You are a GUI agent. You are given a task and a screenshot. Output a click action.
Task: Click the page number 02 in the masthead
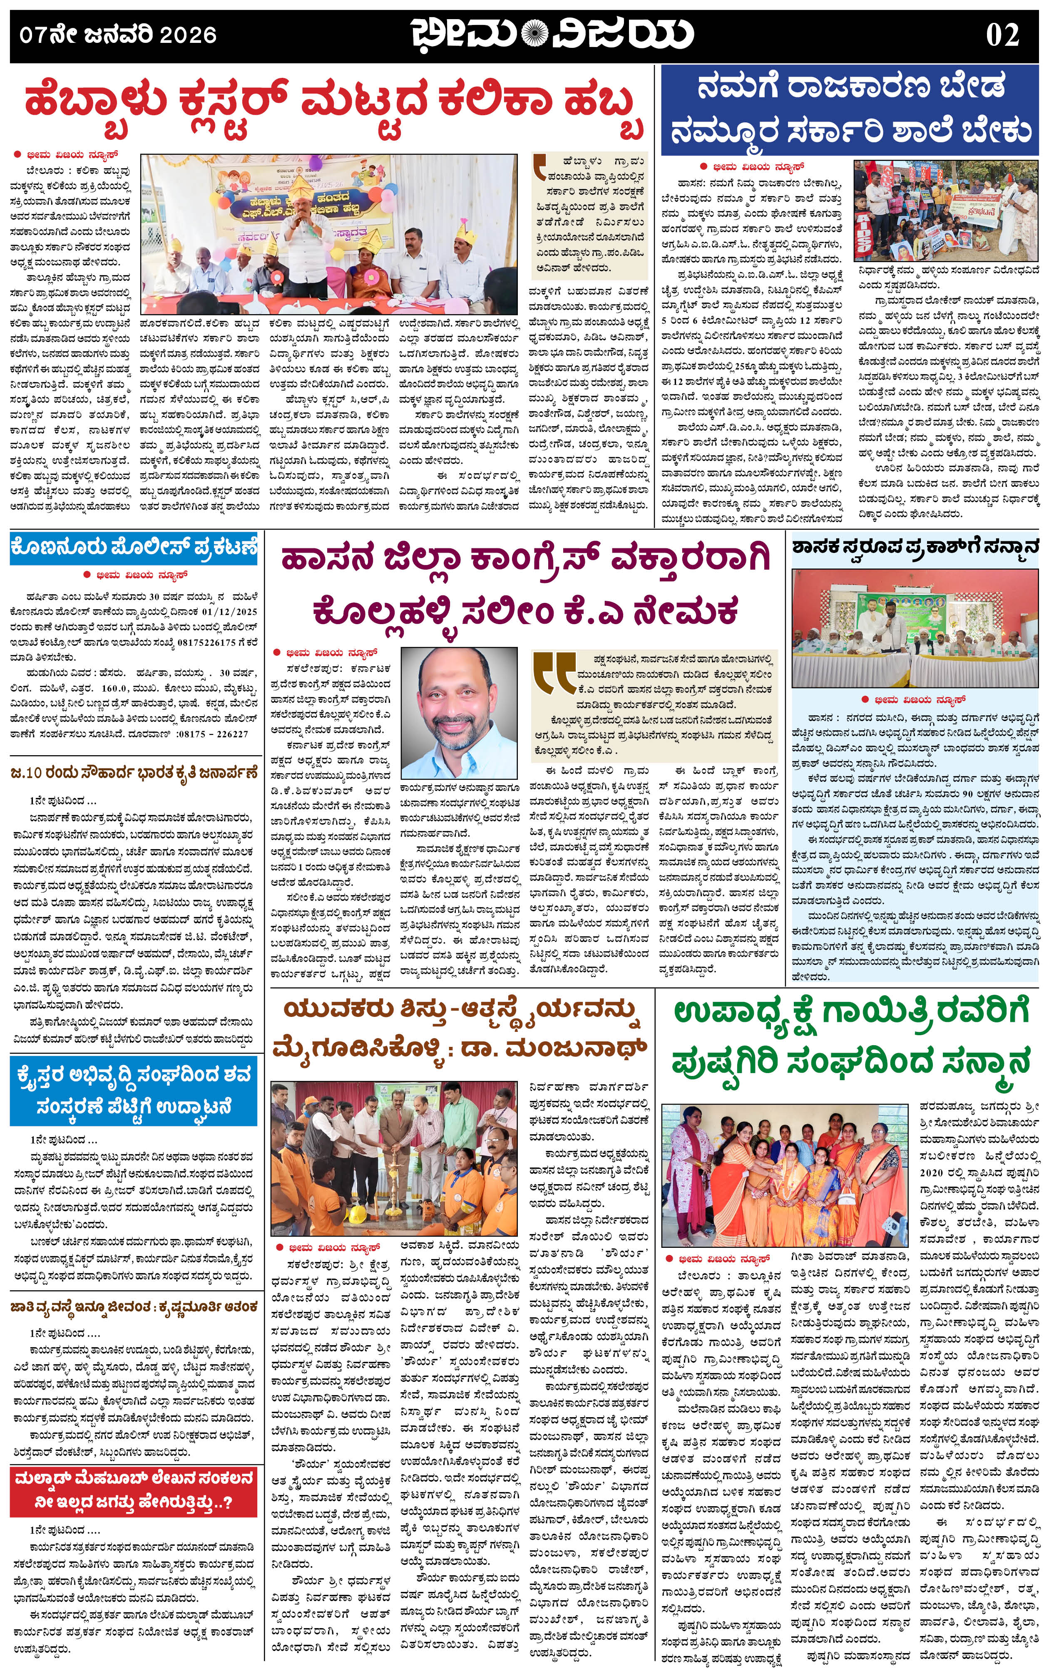[1002, 35]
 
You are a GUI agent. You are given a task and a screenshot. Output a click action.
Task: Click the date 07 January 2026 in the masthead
[118, 35]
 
